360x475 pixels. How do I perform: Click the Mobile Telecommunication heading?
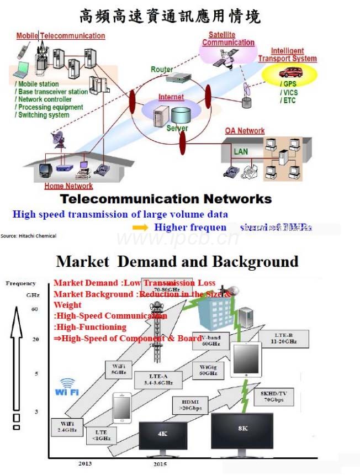tap(60, 36)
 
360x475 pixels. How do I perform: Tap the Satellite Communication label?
tap(228, 39)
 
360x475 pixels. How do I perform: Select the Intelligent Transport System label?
tap(287, 55)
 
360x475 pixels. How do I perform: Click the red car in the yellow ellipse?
tap(290, 72)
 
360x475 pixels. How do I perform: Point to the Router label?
tap(162, 70)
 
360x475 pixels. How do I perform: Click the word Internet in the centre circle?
tap(171, 97)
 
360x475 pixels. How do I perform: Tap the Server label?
tap(177, 128)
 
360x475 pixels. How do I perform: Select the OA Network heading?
tap(245, 131)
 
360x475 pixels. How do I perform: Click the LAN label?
tap(241, 151)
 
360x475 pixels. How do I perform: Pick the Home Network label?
tap(69, 186)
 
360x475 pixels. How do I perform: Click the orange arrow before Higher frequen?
tap(141, 228)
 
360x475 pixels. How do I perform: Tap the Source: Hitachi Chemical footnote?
tap(28, 236)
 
